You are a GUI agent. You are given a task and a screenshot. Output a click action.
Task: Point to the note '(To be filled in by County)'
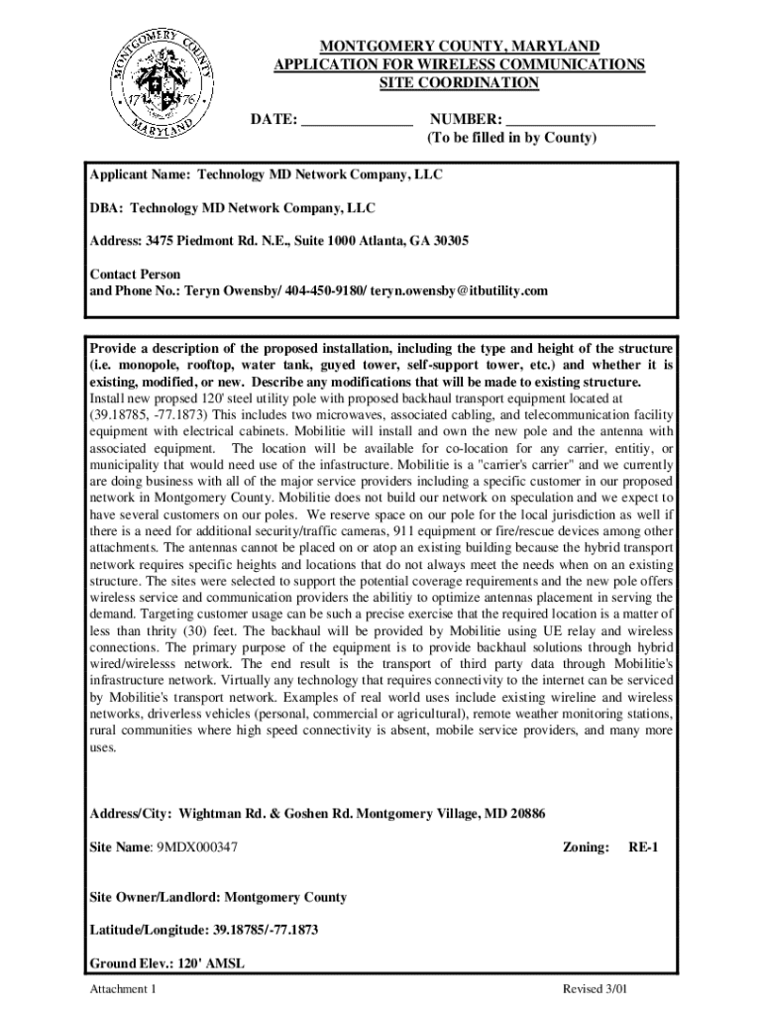511,139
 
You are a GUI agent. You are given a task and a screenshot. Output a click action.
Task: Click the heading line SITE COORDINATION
459,83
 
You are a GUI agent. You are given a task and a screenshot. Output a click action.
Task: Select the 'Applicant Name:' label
141,175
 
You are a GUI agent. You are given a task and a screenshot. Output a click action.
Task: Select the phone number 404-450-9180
326,290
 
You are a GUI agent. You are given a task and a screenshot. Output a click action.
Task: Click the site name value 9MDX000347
196,847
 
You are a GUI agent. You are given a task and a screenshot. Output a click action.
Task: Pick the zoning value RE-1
643,847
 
